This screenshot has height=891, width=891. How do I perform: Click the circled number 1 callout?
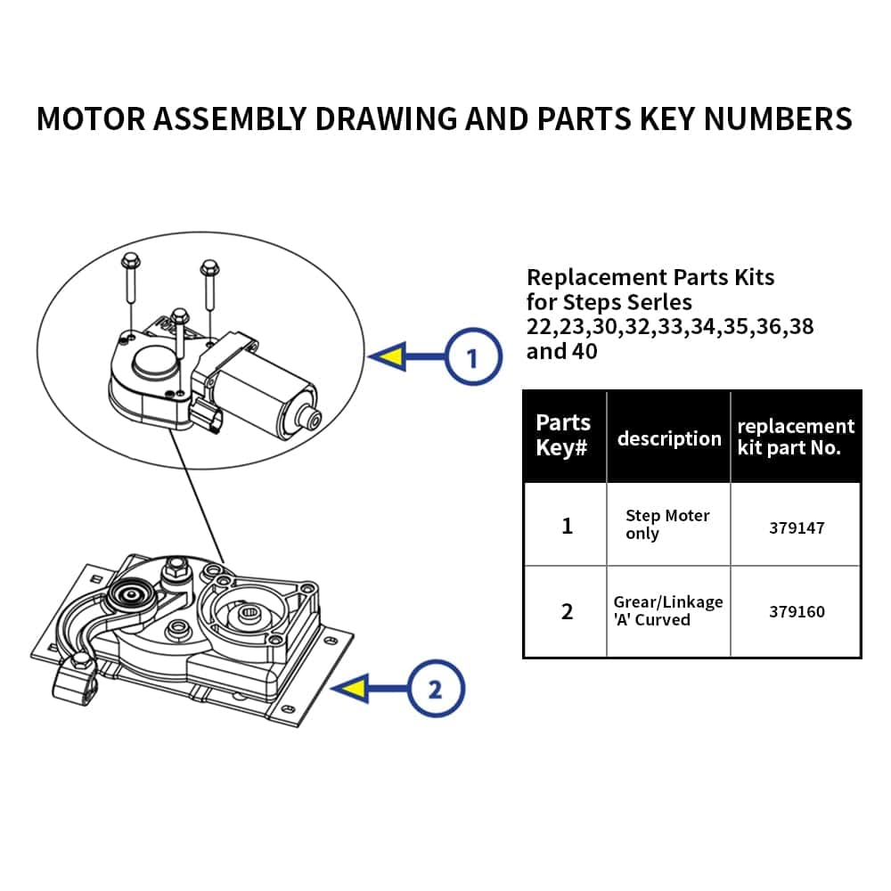point(472,358)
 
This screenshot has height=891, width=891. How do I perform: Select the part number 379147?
point(797,527)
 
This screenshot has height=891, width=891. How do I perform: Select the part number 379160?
point(797,612)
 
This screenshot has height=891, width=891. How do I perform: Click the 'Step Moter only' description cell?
point(667,525)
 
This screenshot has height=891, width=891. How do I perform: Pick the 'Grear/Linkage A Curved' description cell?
point(668,611)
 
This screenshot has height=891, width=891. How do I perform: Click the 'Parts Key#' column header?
point(563,435)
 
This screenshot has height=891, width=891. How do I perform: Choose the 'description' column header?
point(669,438)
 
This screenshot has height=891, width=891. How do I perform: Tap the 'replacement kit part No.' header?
point(796,437)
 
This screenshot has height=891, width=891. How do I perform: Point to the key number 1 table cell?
point(567,526)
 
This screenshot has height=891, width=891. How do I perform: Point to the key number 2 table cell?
point(567,612)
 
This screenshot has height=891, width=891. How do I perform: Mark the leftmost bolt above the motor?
point(129,276)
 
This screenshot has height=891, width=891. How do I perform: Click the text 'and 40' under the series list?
point(561,351)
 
